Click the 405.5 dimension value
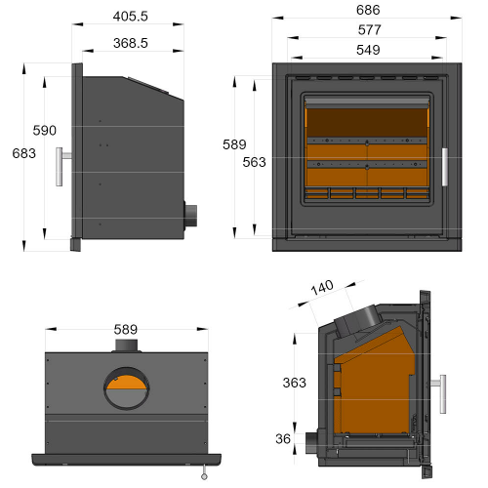(x=130, y=17)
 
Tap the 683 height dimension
(x=23, y=153)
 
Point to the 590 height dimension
(x=45, y=130)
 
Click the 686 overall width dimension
(x=368, y=10)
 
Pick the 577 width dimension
(x=368, y=29)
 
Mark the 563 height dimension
(x=254, y=162)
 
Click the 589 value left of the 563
(x=234, y=144)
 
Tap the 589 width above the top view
(x=125, y=329)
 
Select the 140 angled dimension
(x=322, y=287)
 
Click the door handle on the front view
(x=443, y=167)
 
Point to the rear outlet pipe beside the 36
(x=312, y=441)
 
